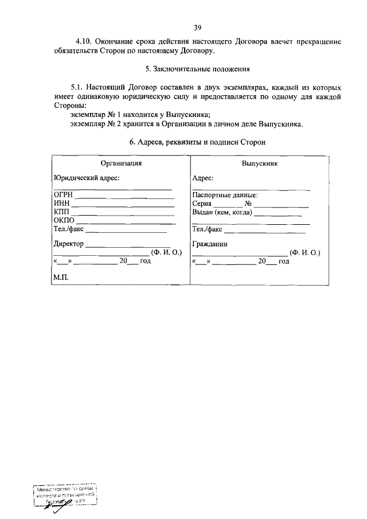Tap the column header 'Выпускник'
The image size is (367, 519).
[260, 163]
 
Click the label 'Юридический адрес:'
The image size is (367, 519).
[86, 178]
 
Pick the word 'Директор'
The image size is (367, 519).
[68, 244]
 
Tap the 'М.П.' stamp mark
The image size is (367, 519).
[60, 277]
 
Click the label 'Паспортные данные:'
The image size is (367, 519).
[225, 195]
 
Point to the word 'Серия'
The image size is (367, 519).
[202, 204]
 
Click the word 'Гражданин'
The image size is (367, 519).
[210, 244]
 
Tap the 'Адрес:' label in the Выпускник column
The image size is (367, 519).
[203, 178]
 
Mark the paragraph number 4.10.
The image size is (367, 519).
[83, 42]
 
